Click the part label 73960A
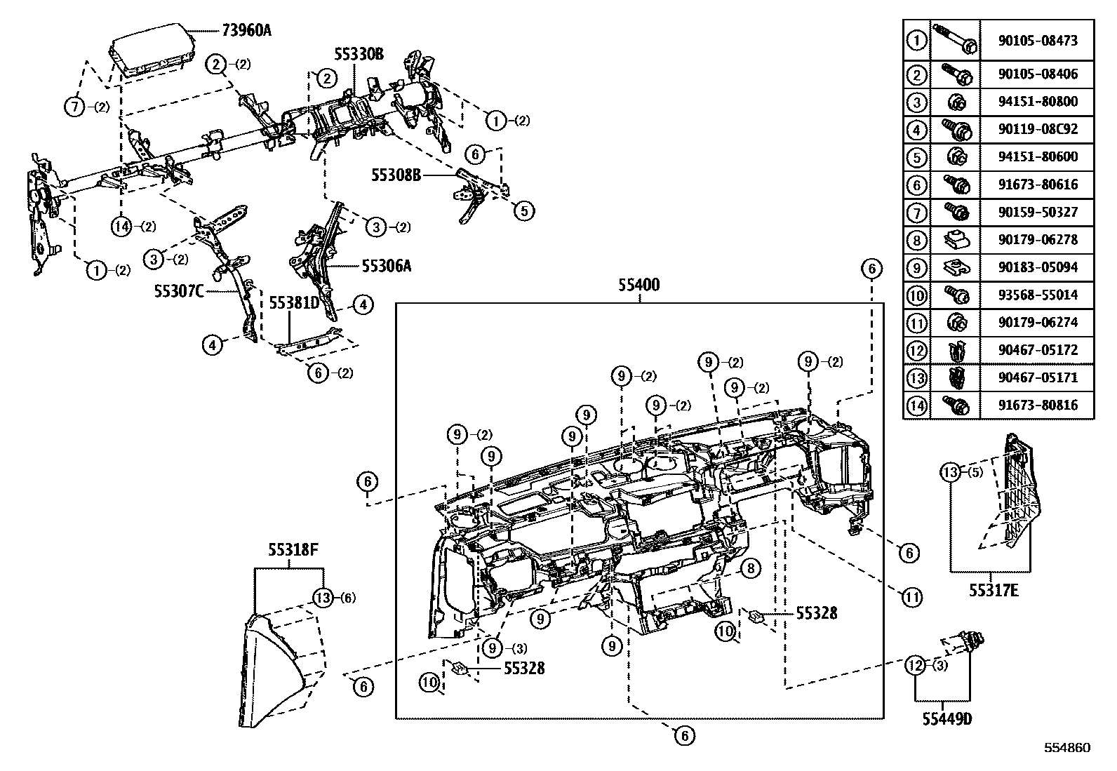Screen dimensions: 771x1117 coord(246,30)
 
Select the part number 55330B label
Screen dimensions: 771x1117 coord(359,54)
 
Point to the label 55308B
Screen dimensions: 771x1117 coord(396,175)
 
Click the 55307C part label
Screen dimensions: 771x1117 coord(178,290)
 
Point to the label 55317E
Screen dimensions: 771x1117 coord(994,591)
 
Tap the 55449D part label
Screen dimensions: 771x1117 coord(942,718)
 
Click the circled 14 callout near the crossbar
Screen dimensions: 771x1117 coord(121,226)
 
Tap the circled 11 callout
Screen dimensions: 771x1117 coord(911,598)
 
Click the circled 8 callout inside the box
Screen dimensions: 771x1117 coord(750,568)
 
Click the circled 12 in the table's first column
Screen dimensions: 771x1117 coord(916,350)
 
